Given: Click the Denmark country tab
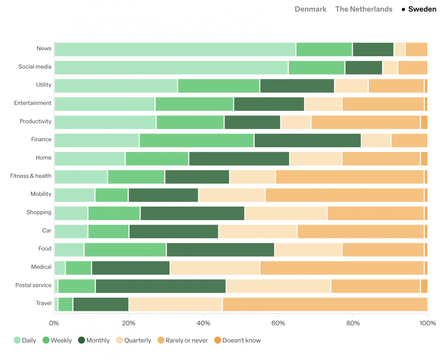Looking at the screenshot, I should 310,9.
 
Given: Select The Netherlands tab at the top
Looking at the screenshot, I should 363,9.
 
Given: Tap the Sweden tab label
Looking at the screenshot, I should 422,9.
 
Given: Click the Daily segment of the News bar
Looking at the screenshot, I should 175,49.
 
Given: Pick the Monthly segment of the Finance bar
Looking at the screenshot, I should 308,141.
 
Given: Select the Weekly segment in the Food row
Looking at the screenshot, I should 125,250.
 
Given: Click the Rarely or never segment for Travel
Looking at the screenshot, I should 325,304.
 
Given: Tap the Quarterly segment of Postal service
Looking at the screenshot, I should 278,286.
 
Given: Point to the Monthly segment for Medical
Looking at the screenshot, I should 131,268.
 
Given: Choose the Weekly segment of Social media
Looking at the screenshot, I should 316,68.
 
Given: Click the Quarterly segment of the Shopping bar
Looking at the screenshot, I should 286,213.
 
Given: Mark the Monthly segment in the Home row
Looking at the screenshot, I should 239,159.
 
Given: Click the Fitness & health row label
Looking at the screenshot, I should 31,176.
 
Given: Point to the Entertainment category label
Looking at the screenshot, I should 33,103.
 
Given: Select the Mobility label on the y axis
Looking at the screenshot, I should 41,194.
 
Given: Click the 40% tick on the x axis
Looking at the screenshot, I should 203,323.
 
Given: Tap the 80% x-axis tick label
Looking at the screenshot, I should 353,323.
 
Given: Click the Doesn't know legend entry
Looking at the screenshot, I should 237,340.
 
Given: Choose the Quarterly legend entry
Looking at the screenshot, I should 134,340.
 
